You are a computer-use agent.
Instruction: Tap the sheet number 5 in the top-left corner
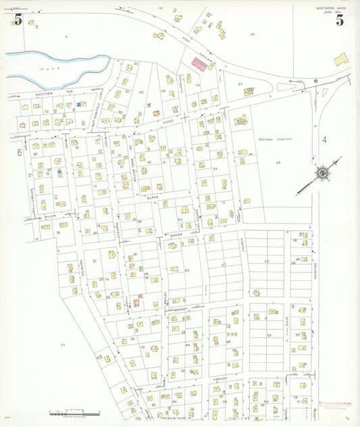[x=18, y=20]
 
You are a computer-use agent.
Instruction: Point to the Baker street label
[x=176, y=234]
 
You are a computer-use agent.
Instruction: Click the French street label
[x=221, y=379]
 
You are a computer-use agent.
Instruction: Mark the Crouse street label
[x=31, y=193]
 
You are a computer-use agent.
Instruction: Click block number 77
[x=63, y=345]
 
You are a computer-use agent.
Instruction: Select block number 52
[x=267, y=261]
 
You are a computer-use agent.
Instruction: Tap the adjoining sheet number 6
[x=19, y=153]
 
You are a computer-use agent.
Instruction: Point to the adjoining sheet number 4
[x=324, y=140]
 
